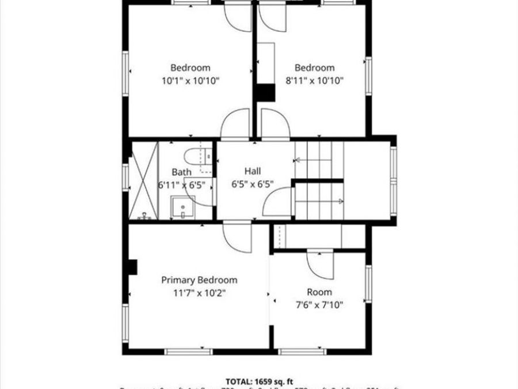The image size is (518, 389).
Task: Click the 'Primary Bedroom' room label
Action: (x=199, y=280)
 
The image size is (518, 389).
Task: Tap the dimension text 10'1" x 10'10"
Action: (x=191, y=81)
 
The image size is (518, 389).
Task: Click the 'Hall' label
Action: (x=253, y=171)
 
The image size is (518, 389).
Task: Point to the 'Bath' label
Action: (x=181, y=172)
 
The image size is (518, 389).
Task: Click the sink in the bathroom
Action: (x=182, y=207)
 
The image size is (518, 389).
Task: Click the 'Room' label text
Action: (x=319, y=292)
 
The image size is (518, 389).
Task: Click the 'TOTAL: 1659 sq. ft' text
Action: (x=259, y=381)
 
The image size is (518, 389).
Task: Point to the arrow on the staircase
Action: (x=340, y=201)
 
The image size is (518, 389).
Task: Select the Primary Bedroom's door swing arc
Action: (x=238, y=237)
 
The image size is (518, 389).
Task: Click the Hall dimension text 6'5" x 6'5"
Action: (x=253, y=184)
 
